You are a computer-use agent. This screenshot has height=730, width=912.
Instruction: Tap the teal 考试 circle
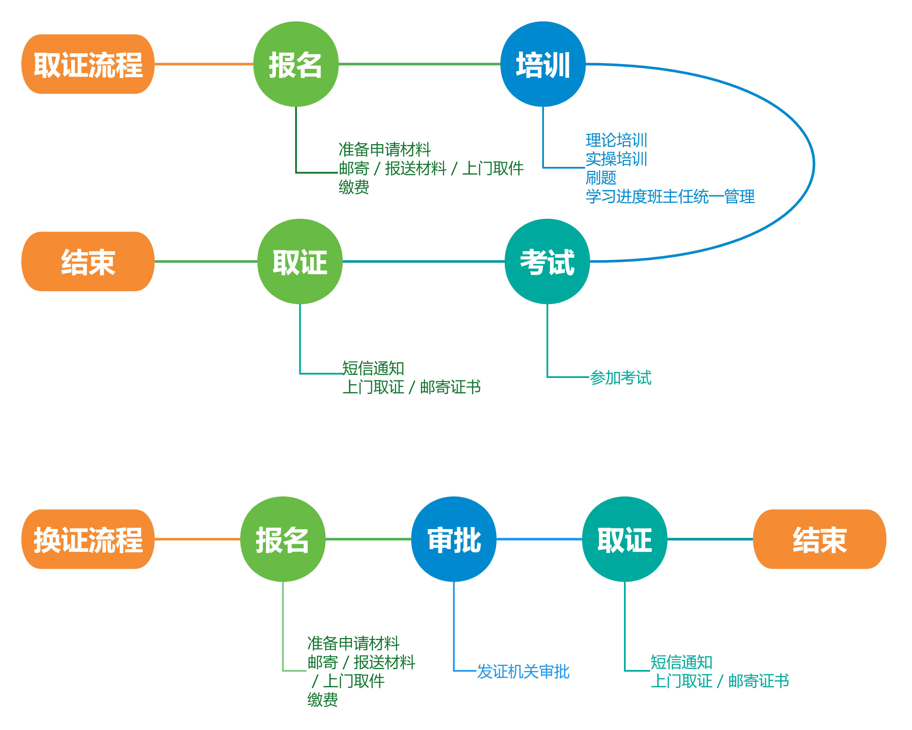point(547,261)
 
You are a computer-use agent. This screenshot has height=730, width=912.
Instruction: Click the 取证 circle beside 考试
point(300,261)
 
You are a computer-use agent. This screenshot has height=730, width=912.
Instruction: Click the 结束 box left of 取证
point(88,261)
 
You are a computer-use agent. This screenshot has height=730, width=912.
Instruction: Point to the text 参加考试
point(621,377)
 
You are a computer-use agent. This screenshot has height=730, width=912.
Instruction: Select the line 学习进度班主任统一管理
point(670,196)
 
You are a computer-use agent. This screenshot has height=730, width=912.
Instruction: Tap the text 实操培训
point(616,159)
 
